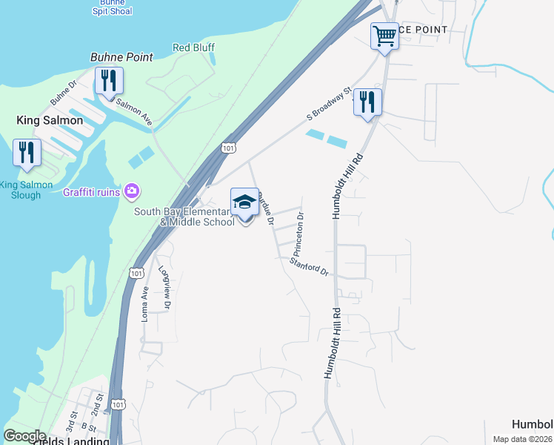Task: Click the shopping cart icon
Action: click(x=384, y=35)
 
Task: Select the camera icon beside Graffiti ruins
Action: click(x=132, y=192)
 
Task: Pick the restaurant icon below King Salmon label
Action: click(x=27, y=153)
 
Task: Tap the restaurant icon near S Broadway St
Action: click(x=367, y=102)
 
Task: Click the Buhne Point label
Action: click(x=121, y=57)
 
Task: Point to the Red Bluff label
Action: click(x=193, y=47)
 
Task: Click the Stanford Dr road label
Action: click(x=309, y=267)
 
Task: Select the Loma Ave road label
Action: click(x=145, y=303)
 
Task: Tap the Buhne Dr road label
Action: click(x=63, y=92)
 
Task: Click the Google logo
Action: click(x=24, y=436)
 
